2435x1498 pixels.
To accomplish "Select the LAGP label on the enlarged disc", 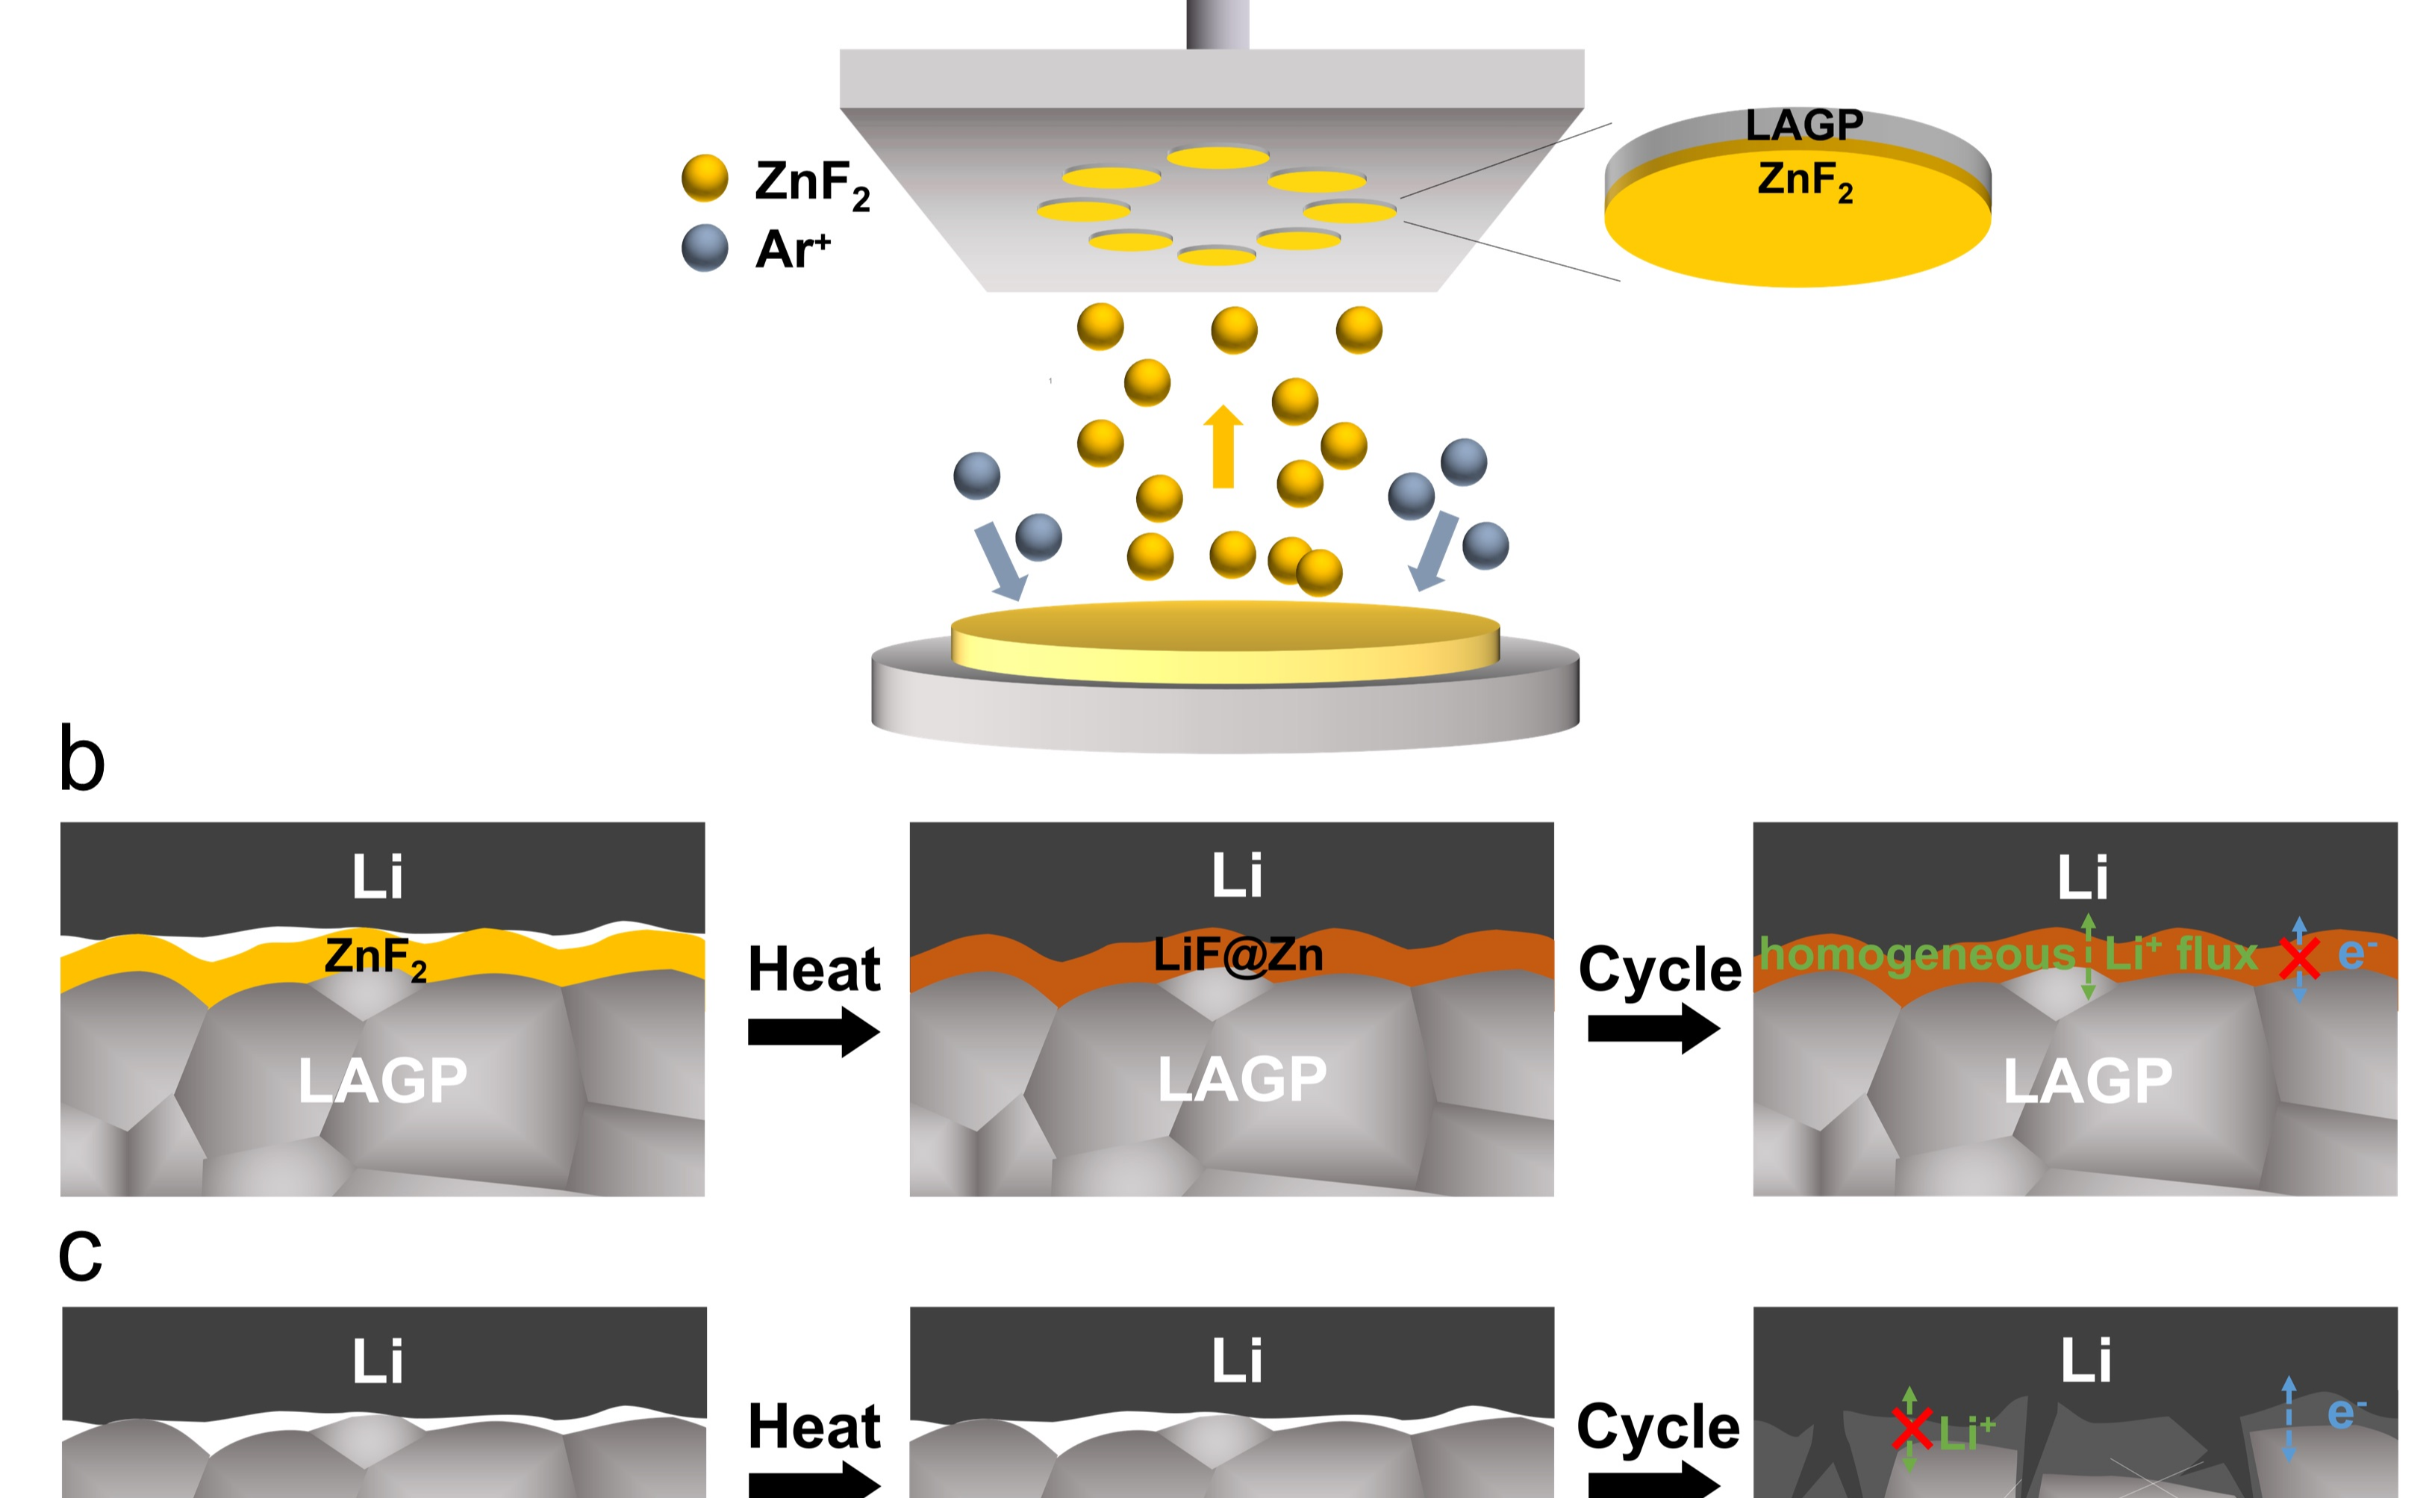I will (1804, 125).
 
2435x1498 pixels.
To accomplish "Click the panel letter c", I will (80, 1256).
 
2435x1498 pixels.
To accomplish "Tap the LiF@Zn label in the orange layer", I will (1238, 954).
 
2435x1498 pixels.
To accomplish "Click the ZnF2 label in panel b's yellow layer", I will (375, 958).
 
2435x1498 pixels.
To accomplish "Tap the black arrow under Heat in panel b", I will (813, 1031).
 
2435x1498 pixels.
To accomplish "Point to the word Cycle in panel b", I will (1659, 969).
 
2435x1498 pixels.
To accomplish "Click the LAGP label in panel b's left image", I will (382, 1080).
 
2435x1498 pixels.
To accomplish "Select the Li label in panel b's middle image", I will (1237, 876).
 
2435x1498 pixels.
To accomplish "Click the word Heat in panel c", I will (814, 1426).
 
